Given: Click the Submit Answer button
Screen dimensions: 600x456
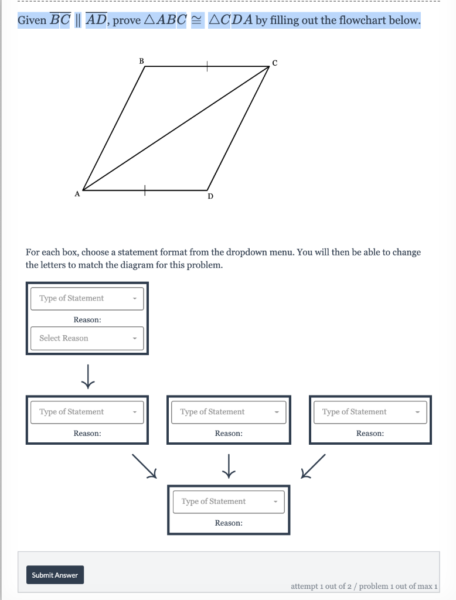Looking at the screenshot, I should tap(55, 575).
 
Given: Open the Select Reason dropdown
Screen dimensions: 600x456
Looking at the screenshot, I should tap(87, 338).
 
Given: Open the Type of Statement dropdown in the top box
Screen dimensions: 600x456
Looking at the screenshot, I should tap(87, 298).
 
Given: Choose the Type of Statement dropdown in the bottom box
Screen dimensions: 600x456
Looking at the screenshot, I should tap(229, 502).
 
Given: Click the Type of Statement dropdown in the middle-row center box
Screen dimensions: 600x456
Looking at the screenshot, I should tap(229, 412).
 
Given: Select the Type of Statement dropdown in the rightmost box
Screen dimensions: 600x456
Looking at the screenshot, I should tap(370, 412).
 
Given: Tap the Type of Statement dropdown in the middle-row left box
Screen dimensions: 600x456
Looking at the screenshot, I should tap(87, 412).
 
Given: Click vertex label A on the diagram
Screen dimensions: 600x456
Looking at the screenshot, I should tap(76, 193).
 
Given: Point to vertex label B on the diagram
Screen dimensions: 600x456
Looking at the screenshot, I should tap(141, 60).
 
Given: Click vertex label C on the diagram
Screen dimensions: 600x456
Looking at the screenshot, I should tap(274, 63).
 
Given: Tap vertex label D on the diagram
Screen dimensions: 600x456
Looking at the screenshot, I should tap(210, 197).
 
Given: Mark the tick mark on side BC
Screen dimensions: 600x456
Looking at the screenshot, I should tap(206, 67).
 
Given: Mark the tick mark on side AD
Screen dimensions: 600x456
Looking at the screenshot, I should tap(144, 190).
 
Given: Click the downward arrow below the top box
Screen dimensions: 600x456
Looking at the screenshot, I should tap(88, 376).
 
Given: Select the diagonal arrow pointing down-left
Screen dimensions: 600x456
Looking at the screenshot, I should tap(312, 465).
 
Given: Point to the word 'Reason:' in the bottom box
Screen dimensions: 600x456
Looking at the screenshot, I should tap(229, 523).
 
